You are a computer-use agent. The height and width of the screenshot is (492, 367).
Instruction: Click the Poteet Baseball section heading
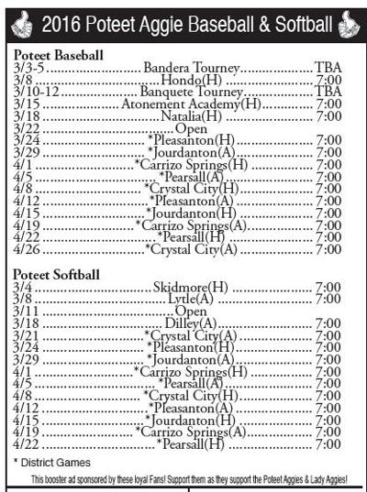[x=58, y=56]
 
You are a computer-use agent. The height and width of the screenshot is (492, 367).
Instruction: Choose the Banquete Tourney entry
[x=191, y=93]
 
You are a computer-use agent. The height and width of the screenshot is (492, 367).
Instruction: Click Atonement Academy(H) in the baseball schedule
[x=191, y=104]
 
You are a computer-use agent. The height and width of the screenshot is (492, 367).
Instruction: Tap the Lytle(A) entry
[x=191, y=300]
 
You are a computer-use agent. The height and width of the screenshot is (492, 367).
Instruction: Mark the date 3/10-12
[x=35, y=93]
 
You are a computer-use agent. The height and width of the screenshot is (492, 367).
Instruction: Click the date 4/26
[x=25, y=248]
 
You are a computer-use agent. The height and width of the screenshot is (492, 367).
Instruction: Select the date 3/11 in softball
[x=25, y=312]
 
